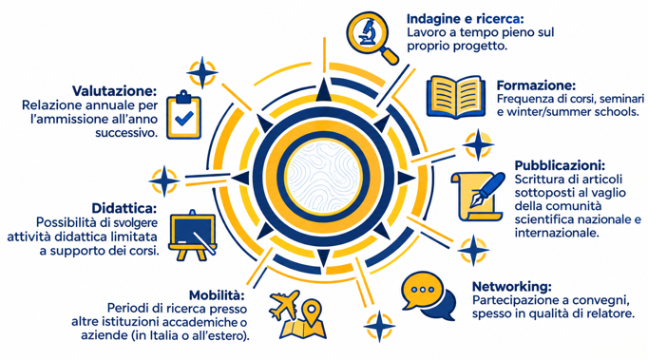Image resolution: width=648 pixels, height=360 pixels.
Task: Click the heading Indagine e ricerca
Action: (465, 19)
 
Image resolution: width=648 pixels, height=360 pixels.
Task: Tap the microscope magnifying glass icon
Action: (372, 37)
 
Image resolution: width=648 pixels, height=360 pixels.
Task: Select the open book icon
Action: (455, 97)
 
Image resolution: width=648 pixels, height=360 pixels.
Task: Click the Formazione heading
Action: (536, 85)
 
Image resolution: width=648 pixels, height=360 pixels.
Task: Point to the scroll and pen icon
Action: (478, 197)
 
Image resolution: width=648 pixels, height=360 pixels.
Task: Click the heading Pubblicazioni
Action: (560, 165)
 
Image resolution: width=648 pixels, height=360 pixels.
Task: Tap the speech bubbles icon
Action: (429, 296)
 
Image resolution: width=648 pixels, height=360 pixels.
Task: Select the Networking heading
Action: (511, 287)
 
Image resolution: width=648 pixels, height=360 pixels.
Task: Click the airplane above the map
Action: (284, 304)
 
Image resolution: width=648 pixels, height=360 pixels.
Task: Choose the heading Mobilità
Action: (217, 295)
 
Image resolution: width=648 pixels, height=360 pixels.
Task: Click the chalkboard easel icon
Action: (193, 236)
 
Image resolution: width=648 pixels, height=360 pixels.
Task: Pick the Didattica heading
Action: (124, 208)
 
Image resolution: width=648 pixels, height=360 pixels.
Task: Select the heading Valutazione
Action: (115, 91)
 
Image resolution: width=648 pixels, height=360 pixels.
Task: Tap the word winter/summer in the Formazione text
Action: (549, 112)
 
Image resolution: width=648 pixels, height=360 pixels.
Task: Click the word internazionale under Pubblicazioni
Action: (557, 233)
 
